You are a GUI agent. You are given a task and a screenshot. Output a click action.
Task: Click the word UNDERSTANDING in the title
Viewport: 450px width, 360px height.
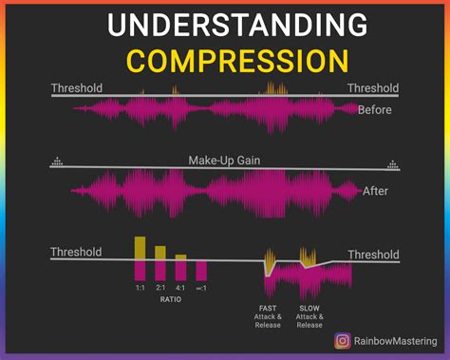[x=224, y=26]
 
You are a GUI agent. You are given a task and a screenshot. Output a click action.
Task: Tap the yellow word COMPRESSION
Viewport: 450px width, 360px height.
[x=224, y=60]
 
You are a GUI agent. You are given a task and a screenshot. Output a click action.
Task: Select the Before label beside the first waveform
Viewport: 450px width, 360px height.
[x=374, y=109]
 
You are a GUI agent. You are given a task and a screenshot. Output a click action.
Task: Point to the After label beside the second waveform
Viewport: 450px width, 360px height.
[x=375, y=191]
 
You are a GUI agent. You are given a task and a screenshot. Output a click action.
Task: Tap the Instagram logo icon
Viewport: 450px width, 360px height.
[x=341, y=340]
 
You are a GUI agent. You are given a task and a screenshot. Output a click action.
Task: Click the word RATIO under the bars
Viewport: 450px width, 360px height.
[x=170, y=298]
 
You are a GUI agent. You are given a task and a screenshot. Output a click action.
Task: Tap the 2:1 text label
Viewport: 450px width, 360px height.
[x=160, y=287]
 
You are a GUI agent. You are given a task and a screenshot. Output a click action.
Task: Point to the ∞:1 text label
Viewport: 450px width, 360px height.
[x=201, y=287]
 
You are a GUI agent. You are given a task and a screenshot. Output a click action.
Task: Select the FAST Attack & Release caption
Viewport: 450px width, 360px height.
[x=268, y=315]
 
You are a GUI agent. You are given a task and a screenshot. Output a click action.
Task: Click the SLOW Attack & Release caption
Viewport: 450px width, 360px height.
[x=309, y=315]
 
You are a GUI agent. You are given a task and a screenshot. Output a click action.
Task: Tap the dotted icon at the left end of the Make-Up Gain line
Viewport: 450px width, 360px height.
[x=57, y=161]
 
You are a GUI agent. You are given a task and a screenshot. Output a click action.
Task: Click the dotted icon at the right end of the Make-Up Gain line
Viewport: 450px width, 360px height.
[x=391, y=161]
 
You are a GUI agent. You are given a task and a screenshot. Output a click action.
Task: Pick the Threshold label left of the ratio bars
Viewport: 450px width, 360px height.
[x=76, y=253]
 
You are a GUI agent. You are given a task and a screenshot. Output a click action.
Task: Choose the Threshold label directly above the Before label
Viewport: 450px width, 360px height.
[x=372, y=88]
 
